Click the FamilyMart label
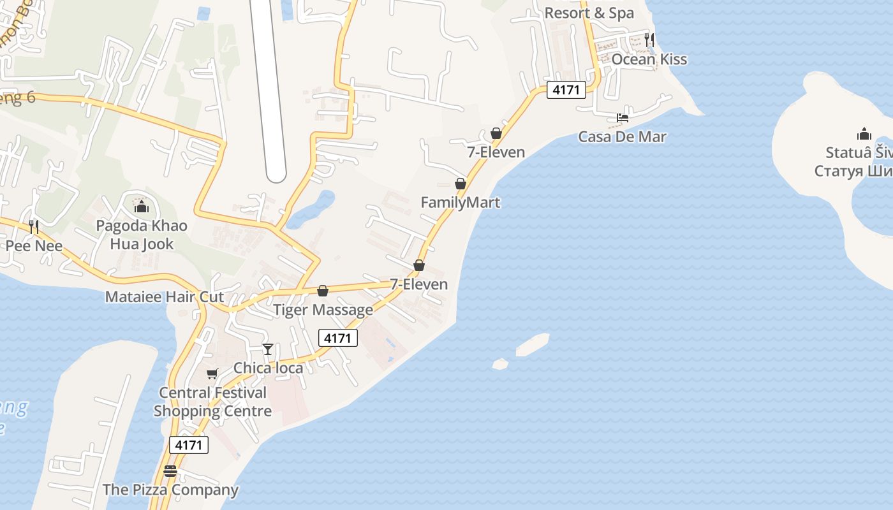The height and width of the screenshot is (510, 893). (460, 203)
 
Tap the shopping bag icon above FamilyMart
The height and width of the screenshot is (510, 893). (460, 184)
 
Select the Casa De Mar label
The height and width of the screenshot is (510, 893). (622, 136)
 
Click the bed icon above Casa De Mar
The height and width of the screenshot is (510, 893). (622, 117)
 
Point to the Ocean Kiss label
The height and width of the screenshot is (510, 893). (649, 59)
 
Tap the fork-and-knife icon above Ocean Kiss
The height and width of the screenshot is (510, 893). (649, 40)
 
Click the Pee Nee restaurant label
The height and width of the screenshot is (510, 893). (34, 246)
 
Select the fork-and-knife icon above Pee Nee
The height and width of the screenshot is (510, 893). (34, 226)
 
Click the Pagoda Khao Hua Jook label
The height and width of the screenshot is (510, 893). (142, 235)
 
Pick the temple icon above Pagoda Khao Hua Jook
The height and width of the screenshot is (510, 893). (142, 207)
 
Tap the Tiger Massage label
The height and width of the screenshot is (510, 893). (323, 310)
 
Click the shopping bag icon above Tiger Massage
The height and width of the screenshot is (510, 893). (323, 291)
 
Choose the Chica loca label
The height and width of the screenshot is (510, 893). (268, 368)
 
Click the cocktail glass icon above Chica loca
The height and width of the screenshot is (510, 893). (268, 349)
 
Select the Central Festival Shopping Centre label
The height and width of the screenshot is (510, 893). (212, 402)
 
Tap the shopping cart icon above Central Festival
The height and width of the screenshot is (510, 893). (212, 374)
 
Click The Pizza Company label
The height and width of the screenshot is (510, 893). (170, 490)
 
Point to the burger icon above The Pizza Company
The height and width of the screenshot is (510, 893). (170, 471)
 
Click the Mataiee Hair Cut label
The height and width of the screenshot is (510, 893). (165, 297)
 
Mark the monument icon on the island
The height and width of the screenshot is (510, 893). (864, 134)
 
